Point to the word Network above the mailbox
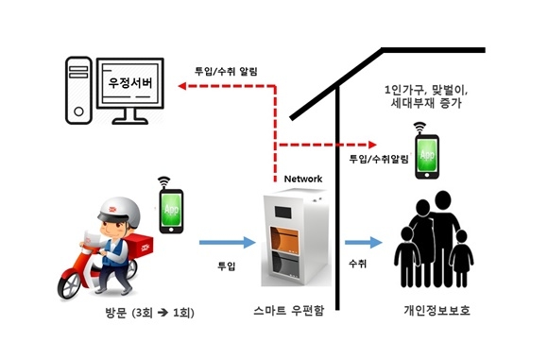[x=302, y=179]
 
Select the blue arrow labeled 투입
[x=227, y=243]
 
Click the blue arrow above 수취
[x=363, y=243]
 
